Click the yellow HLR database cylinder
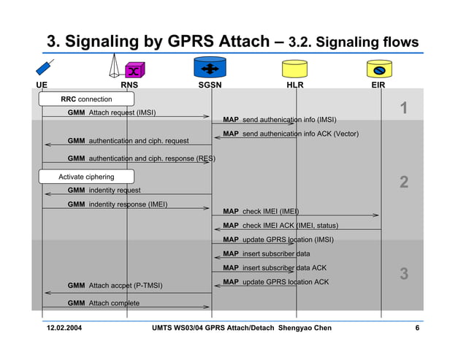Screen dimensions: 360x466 pos(295,69)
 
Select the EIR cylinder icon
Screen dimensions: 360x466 pos(380,69)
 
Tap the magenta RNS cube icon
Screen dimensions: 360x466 pos(134,70)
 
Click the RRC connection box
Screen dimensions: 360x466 pos(86,99)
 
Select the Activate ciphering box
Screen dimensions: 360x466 pos(86,177)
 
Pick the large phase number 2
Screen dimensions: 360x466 pos(404,183)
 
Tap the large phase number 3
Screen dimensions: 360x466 pos(404,275)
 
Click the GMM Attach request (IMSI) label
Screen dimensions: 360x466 pos(111,113)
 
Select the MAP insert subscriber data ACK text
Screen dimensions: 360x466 pos(275,268)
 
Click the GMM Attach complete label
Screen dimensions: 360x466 pos(103,303)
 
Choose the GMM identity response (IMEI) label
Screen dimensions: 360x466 pos(117,204)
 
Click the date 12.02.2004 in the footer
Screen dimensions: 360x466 pos(65,328)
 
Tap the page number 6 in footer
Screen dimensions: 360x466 pos(417,328)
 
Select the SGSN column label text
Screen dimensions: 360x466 pos(210,85)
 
